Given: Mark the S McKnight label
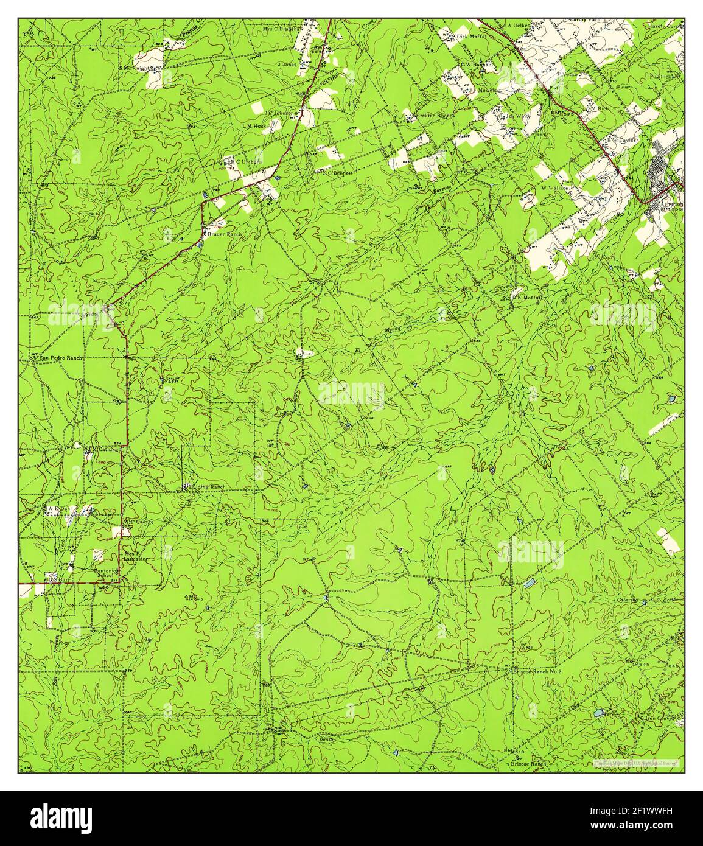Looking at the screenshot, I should point(137,68).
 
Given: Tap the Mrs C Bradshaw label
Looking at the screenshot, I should point(284,29).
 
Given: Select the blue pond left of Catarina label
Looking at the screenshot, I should point(530,583).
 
